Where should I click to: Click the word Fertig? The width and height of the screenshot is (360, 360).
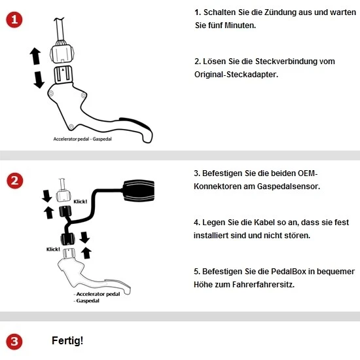click(x=67, y=341)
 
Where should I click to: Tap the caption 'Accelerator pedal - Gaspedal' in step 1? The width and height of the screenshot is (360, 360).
click(x=82, y=139)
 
